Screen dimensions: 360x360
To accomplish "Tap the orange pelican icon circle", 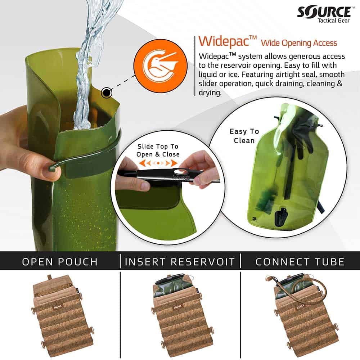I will point(161,66).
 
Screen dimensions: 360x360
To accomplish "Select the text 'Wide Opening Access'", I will point(299,43).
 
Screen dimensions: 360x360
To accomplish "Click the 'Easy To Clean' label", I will point(244,136).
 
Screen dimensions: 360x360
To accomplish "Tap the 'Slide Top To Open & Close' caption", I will point(157,150).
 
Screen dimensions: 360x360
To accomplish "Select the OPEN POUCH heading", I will point(60,262).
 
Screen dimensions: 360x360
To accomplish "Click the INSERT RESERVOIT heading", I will point(180,262).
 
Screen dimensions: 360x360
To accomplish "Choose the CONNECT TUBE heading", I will point(300,262).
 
